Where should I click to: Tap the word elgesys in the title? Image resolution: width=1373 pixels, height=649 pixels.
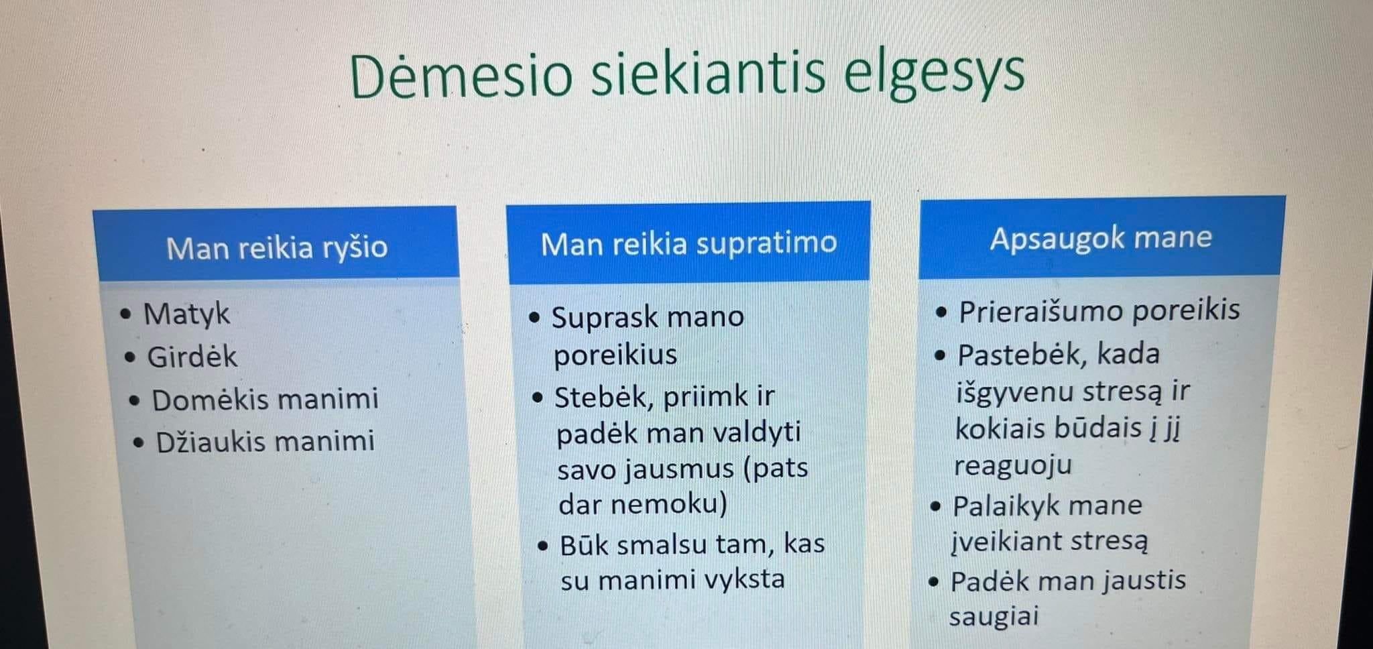pyautogui.click(x=934, y=74)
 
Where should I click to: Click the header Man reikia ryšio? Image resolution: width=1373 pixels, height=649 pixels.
pyautogui.click(x=277, y=247)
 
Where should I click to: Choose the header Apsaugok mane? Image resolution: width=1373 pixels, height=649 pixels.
pyautogui.click(x=1101, y=238)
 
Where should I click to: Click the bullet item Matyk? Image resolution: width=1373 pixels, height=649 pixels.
pyautogui.click(x=186, y=314)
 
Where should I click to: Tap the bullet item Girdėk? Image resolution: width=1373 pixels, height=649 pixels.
pyautogui.click(x=192, y=357)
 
